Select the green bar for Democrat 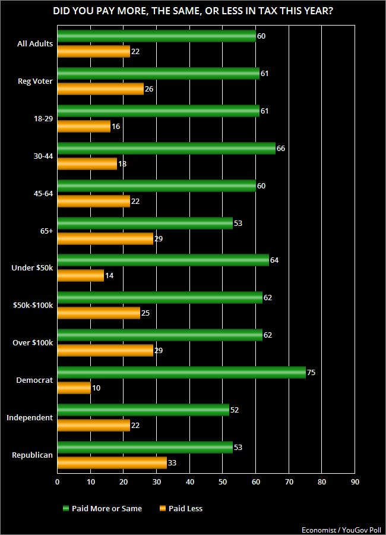[x=181, y=373]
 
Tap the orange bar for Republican [x=112, y=463]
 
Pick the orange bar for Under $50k [x=81, y=276]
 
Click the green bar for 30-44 [x=166, y=148]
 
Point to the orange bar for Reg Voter [x=100, y=89]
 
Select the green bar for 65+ [x=145, y=223]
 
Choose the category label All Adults [x=36, y=43]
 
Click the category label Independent [x=30, y=418]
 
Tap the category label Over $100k [x=33, y=343]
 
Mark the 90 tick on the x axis [x=355, y=482]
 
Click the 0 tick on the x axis [x=58, y=482]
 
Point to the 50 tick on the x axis [x=223, y=482]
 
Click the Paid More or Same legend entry [x=102, y=508]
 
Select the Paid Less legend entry [x=181, y=508]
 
